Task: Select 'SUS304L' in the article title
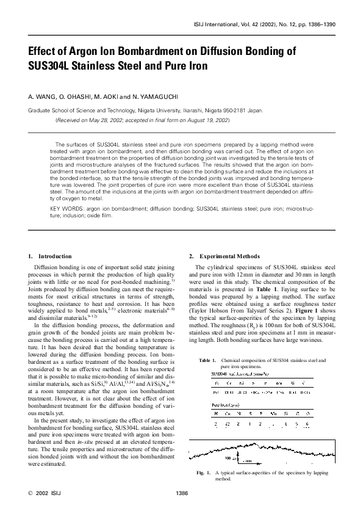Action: (x=54, y=65)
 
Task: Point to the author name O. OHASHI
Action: (x=75, y=96)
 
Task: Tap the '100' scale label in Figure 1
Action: (x=245, y=457)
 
